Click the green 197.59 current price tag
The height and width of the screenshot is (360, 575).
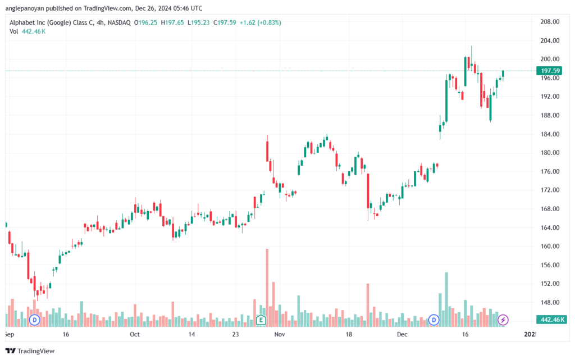tap(550, 71)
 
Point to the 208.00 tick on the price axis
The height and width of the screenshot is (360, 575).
tap(550, 22)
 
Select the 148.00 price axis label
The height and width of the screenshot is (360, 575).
tap(550, 303)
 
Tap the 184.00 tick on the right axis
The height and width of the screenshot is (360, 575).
tap(550, 134)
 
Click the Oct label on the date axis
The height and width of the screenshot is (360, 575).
tap(135, 334)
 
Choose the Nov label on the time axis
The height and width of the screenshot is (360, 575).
tap(280, 334)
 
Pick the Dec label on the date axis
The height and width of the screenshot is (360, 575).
tap(402, 334)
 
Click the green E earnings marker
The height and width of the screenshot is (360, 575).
tap(261, 320)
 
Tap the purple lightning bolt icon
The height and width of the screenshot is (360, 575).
tap(503, 320)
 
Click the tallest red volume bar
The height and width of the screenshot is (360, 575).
tap(267, 288)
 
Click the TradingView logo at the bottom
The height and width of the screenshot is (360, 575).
tap(30, 351)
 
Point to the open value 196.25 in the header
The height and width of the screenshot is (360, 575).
tap(148, 22)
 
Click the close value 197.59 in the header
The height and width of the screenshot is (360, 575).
tap(227, 22)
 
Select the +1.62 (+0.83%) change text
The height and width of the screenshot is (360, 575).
tap(261, 22)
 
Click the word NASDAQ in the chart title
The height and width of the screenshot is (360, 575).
tap(119, 22)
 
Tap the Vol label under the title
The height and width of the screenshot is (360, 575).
tap(13, 31)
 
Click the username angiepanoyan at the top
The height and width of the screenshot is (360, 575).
tap(25, 8)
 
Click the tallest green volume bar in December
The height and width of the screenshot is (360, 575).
tap(446, 299)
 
